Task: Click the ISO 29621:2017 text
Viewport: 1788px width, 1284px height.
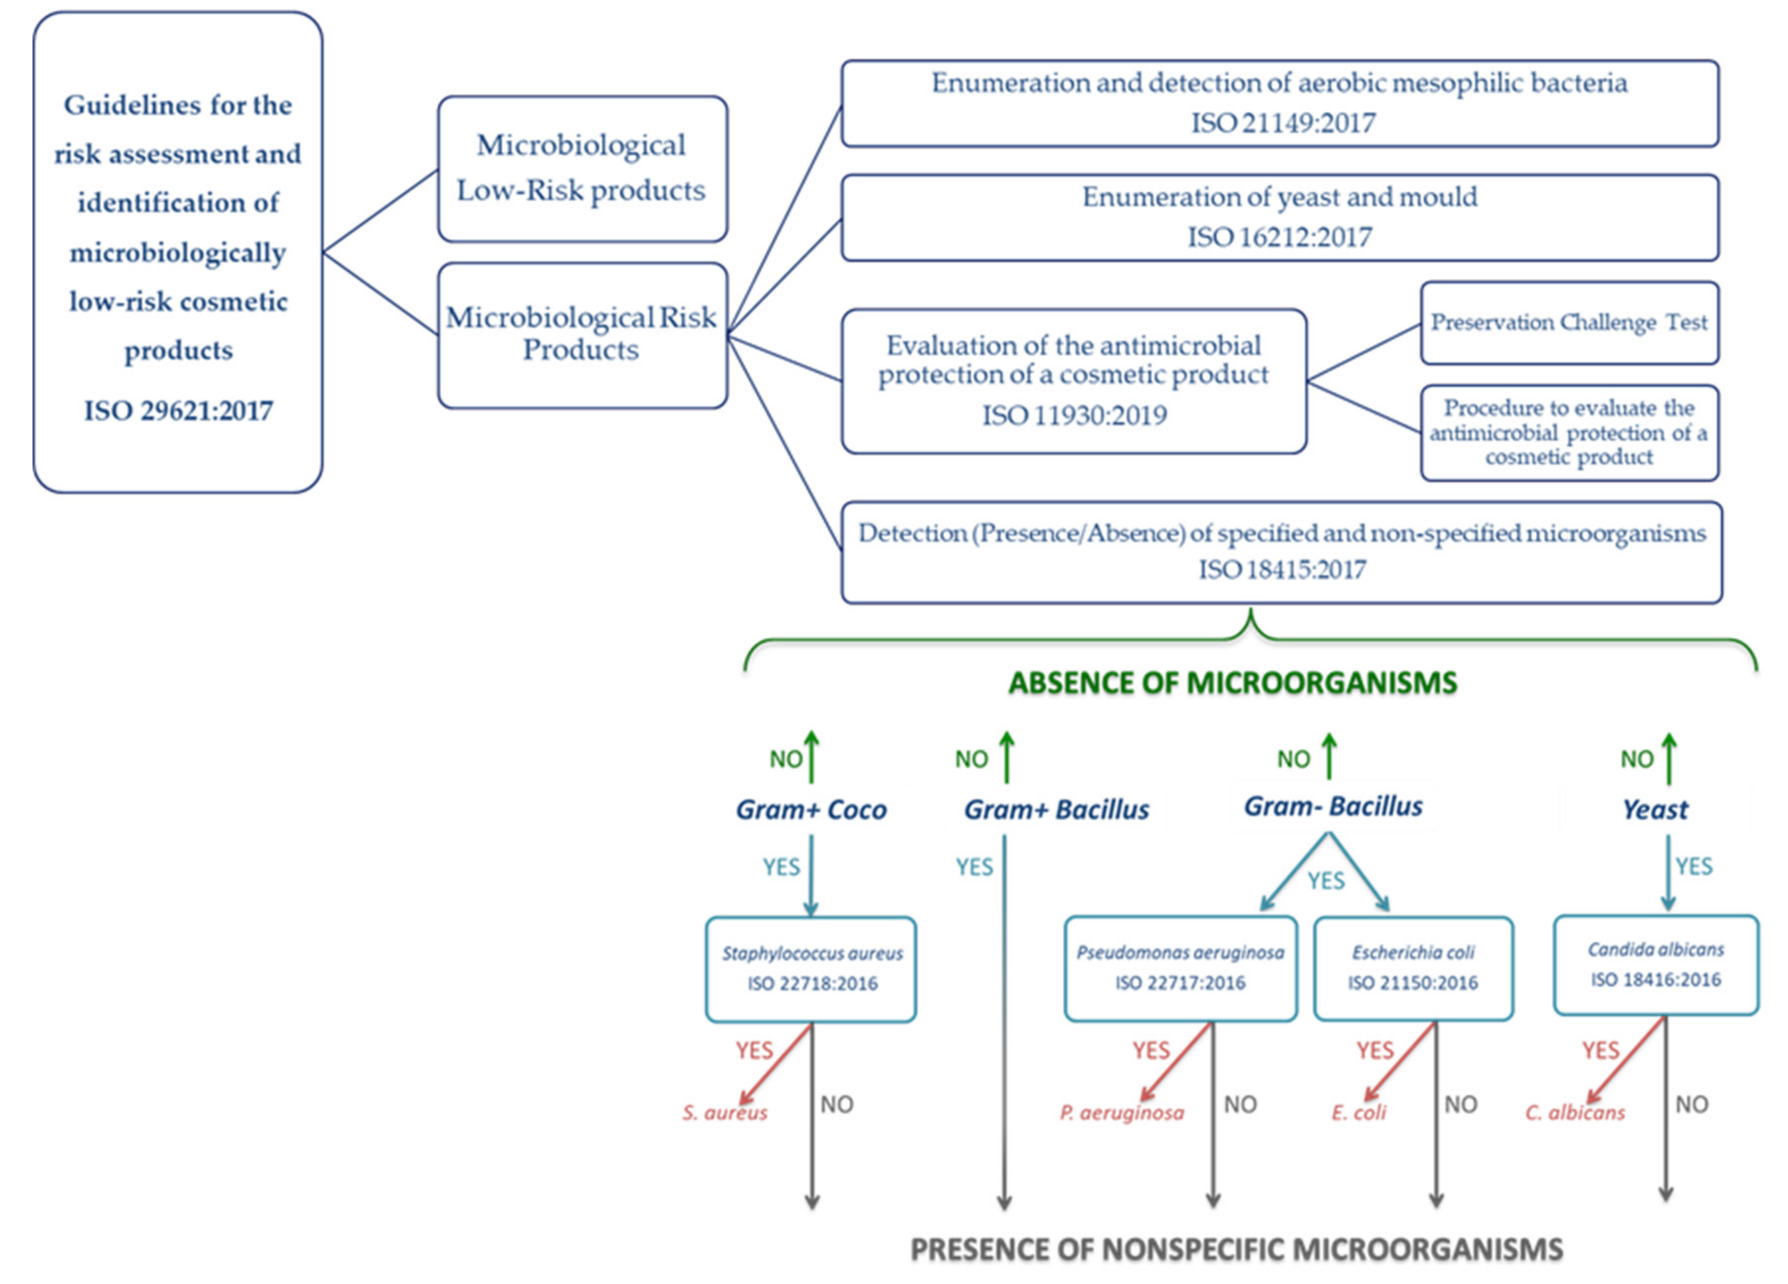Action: [x=178, y=411]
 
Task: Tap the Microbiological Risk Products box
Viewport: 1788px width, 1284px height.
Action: [x=582, y=334]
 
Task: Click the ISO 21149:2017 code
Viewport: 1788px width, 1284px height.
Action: [x=1282, y=123]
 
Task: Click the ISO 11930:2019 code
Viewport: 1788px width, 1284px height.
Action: [x=1074, y=415]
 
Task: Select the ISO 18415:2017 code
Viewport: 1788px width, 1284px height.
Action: [x=1282, y=569]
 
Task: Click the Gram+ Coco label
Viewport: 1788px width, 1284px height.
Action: [x=811, y=810]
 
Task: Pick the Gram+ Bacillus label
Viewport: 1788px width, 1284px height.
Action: [x=1056, y=810]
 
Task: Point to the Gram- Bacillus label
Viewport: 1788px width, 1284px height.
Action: [x=1333, y=807]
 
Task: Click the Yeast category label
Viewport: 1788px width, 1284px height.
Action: [x=1655, y=810]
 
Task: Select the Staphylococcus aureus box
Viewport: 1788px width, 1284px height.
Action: [x=811, y=969]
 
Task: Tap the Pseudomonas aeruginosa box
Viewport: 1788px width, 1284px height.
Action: [x=1180, y=968]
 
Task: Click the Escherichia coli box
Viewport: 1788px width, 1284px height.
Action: [x=1413, y=968]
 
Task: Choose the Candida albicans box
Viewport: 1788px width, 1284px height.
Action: [x=1655, y=965]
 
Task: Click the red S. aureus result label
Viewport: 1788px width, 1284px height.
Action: [x=724, y=1113]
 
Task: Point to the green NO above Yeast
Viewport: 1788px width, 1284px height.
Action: [x=1637, y=759]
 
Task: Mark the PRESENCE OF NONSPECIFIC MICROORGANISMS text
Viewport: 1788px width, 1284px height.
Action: [x=1236, y=1249]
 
